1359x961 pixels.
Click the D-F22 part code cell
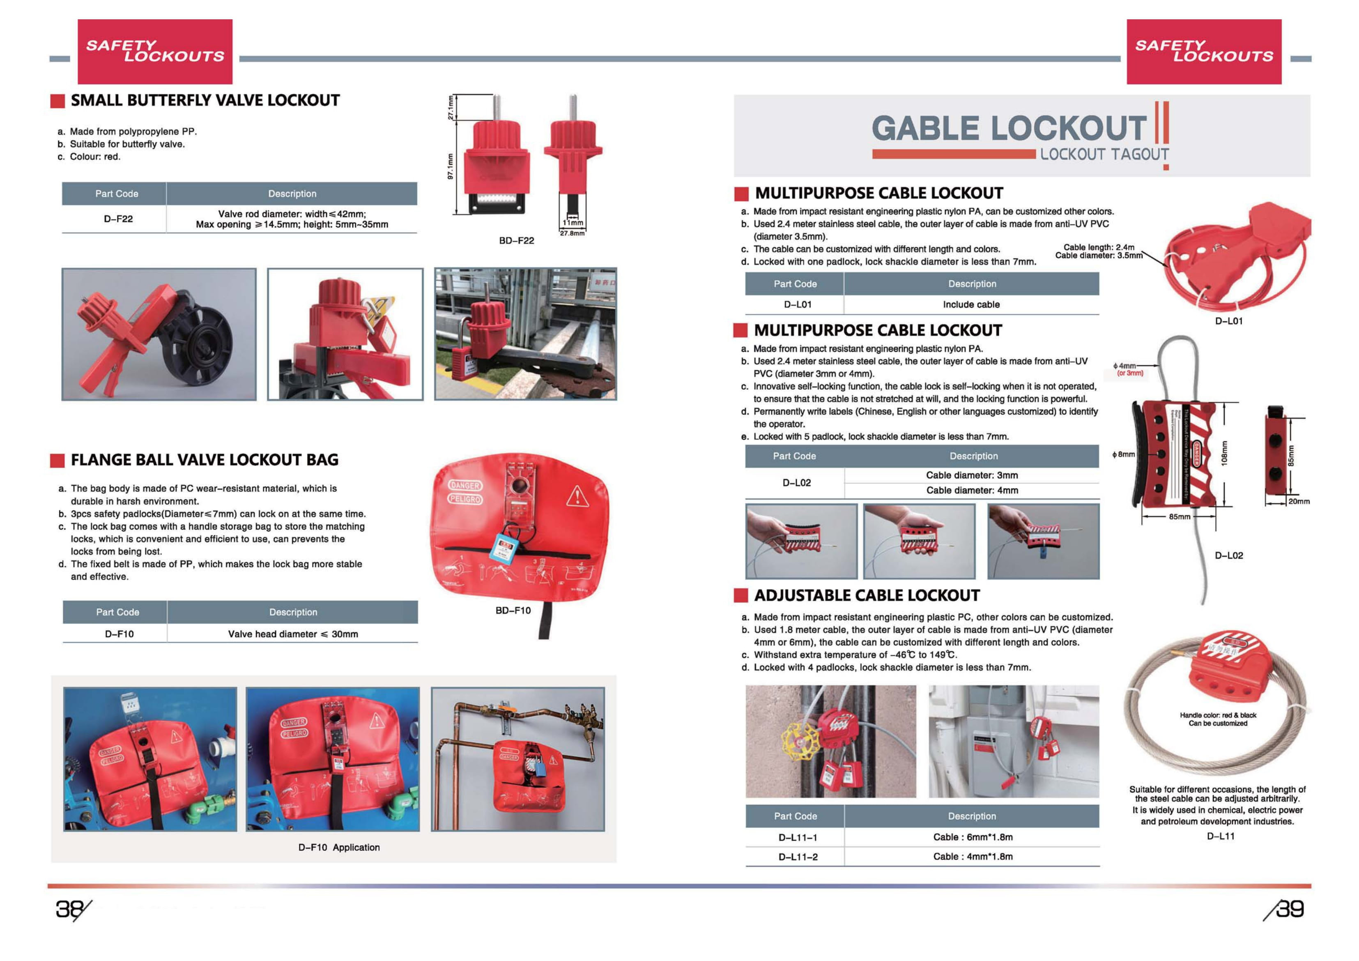point(118,219)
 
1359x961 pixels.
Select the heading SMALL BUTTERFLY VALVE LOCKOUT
point(205,100)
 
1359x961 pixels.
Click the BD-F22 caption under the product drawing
point(516,240)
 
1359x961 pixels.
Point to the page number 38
point(70,909)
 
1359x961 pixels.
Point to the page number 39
point(1289,909)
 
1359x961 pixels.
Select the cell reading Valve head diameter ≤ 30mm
point(292,634)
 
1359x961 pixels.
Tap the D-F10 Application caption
point(338,847)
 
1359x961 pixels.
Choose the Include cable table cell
point(971,304)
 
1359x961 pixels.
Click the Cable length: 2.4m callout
point(1099,247)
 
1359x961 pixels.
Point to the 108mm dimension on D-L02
point(1224,453)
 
